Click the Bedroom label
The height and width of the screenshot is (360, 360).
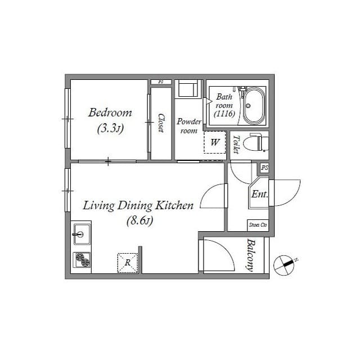coord(110,112)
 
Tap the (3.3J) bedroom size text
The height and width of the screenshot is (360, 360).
coord(110,129)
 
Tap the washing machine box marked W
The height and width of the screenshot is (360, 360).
coord(214,142)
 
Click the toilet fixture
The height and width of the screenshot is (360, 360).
coord(258,142)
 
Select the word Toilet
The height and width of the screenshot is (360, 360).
coord(236,144)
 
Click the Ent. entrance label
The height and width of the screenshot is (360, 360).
coord(259,195)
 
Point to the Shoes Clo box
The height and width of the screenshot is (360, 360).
coord(258,225)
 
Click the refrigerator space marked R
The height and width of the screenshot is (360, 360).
coord(128,262)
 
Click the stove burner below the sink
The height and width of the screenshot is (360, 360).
coord(83,260)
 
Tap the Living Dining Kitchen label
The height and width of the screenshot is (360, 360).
coord(138,206)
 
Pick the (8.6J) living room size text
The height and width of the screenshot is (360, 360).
coord(138,220)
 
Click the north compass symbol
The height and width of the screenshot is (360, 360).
coord(284,264)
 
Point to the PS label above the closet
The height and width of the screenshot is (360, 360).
coord(161,82)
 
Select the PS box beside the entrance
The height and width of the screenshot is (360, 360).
coord(264,168)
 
